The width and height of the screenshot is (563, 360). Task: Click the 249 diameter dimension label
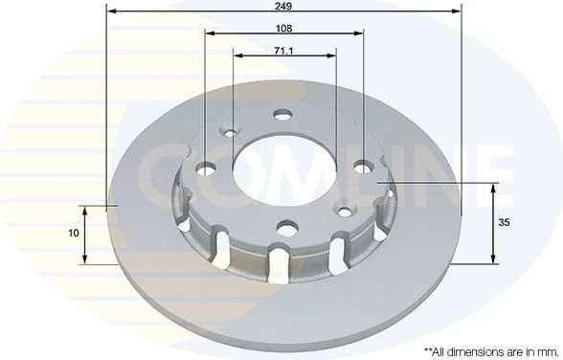pyautogui.click(x=283, y=6)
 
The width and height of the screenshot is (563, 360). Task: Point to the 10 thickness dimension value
pyautogui.click(x=72, y=233)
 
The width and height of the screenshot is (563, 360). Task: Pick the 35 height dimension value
pyautogui.click(x=505, y=222)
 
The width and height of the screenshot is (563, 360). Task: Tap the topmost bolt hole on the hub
pyautogui.click(x=281, y=115)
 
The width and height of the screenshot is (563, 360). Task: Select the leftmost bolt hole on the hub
pyautogui.click(x=207, y=169)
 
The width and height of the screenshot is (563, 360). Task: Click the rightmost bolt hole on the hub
pyautogui.click(x=362, y=167)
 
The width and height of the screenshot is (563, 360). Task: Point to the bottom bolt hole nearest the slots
pyautogui.click(x=285, y=228)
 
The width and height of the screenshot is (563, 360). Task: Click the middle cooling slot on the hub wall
pyautogui.click(x=280, y=264)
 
